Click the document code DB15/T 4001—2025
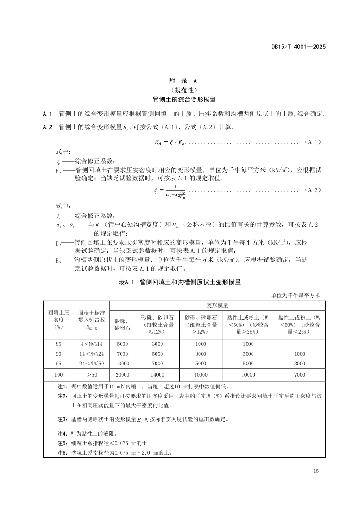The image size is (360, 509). tap(298, 47)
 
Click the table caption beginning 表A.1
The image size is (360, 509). tap(180, 282)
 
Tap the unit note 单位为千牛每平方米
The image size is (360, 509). tap(296, 296)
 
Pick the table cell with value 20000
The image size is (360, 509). tap(122, 375)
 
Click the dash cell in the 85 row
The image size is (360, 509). tap(299, 344)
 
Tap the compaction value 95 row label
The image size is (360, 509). tap(58, 363)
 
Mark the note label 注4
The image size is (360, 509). tap(62, 434)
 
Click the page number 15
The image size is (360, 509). tap(316, 471)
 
